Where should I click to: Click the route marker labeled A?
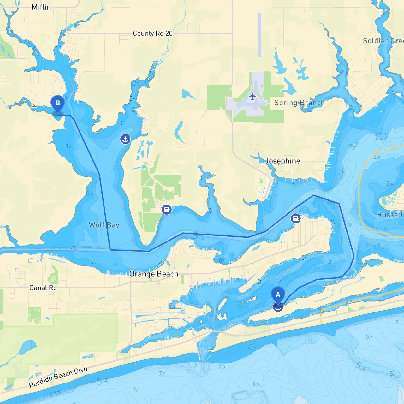[278, 295]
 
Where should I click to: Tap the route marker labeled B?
[57, 103]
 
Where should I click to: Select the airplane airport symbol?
[252, 96]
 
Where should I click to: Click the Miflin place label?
[41, 7]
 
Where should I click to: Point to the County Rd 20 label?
[152, 33]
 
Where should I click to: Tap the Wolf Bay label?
[104, 225]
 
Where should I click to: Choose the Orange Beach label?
[154, 274]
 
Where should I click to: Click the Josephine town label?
[283, 161]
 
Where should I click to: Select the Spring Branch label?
[299, 103]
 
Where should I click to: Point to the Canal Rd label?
[43, 288]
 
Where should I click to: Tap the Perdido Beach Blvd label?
[58, 377]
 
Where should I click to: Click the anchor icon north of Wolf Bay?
[125, 139]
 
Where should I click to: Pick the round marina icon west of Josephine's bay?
[166, 209]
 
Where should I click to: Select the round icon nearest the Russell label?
[295, 218]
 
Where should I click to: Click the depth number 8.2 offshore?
[256, 384]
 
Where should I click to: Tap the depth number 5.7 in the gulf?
[369, 337]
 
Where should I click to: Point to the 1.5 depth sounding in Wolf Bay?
[69, 146]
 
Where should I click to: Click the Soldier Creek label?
[383, 41]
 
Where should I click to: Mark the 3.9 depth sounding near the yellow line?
[377, 157]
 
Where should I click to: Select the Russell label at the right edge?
[390, 215]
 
